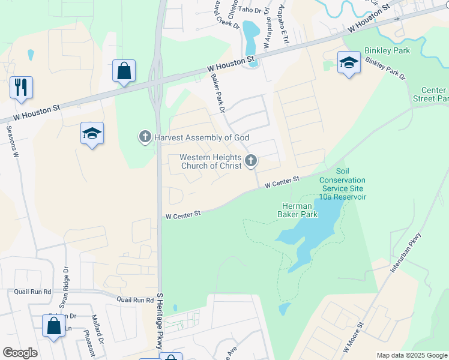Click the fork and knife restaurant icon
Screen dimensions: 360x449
(21, 87)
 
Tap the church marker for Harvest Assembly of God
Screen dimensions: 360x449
(145, 137)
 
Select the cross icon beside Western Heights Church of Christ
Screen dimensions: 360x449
(251, 161)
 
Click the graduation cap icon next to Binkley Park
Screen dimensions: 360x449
(349, 62)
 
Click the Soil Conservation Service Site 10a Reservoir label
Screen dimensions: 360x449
(342, 184)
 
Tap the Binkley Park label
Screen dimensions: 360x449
(387, 51)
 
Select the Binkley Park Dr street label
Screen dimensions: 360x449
(385, 70)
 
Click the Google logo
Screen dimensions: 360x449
(20, 353)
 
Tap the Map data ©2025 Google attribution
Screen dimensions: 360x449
(411, 355)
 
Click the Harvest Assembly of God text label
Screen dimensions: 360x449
(201, 137)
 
